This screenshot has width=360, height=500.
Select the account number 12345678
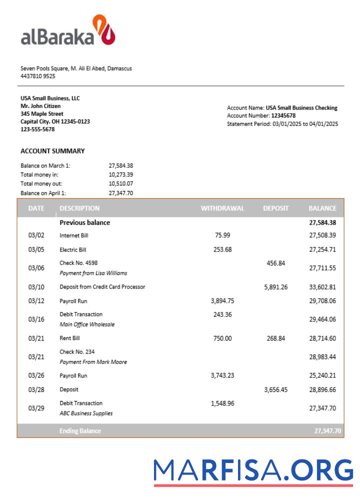coord(283,115)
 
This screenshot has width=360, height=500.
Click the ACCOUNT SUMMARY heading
coord(52,151)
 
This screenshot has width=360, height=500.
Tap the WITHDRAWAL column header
coord(222,208)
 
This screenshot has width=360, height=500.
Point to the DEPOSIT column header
coord(276,208)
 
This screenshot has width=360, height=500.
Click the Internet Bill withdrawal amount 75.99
coord(222,235)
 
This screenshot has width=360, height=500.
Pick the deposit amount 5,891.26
coord(276,287)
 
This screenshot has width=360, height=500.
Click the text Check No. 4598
coord(78,263)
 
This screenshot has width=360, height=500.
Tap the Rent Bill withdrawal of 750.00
coord(222,338)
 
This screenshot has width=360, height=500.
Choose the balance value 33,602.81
coord(322,287)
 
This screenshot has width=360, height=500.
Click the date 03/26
coord(36,375)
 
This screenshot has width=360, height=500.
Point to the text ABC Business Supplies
coord(86,413)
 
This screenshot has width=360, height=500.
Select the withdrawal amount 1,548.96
coord(222,403)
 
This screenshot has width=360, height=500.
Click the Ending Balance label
coord(80,431)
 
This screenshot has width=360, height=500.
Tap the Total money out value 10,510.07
coord(121,183)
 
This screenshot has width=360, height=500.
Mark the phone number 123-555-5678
coord(37,129)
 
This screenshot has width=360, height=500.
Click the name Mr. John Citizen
coord(40,106)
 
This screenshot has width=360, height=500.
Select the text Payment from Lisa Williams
coord(93,273)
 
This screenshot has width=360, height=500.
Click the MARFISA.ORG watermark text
coord(253,471)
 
